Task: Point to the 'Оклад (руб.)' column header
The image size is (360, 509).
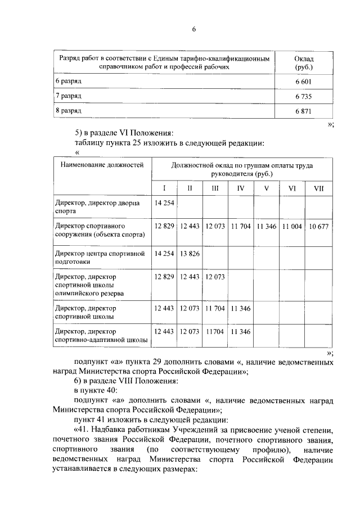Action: [304, 63]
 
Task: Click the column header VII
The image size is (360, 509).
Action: [318, 188]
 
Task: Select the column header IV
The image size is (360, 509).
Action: [241, 188]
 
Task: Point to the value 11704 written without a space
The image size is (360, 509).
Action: [215, 331]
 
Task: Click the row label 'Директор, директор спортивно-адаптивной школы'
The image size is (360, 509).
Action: [101, 335]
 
